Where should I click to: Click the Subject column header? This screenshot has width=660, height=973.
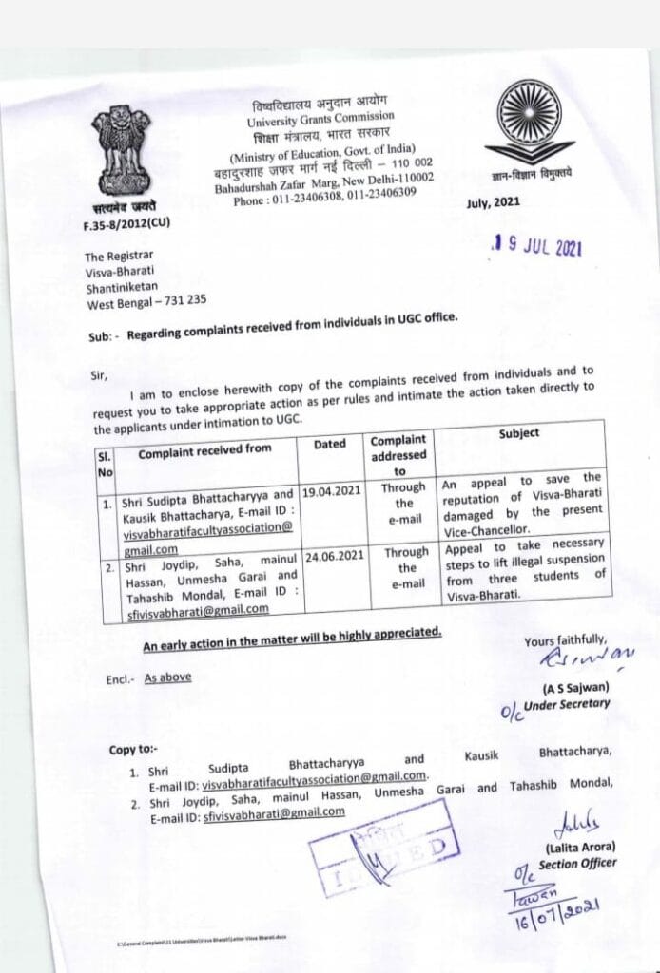tap(519, 433)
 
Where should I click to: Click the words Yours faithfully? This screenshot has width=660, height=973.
tap(564, 641)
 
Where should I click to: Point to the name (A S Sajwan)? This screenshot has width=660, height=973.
tap(574, 687)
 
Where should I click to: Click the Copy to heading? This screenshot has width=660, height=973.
tap(135, 750)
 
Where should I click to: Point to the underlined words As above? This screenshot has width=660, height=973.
tap(167, 677)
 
